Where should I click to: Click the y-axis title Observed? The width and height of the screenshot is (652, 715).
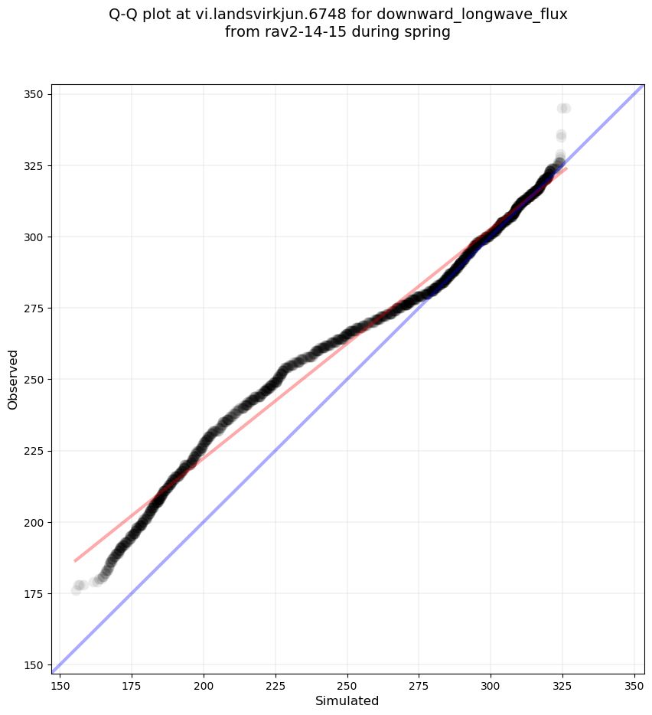click(13, 379)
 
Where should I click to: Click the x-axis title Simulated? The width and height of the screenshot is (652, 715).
click(347, 700)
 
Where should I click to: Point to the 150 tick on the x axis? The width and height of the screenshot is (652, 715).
click(60, 684)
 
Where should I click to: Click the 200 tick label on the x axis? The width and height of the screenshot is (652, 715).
click(204, 684)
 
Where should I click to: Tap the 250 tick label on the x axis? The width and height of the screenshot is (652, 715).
click(347, 684)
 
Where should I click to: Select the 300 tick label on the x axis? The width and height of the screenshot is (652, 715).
click(491, 684)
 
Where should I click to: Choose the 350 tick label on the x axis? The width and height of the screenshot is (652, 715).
click(634, 684)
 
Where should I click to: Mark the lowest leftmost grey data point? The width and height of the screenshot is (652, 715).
click(77, 589)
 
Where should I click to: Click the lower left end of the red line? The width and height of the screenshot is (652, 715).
click(75, 561)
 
